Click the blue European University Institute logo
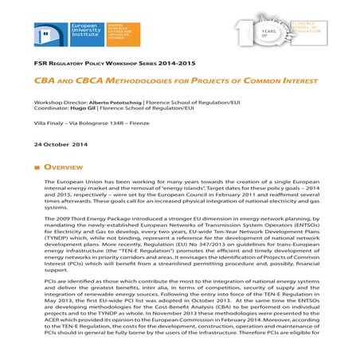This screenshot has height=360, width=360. (69, 37)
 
